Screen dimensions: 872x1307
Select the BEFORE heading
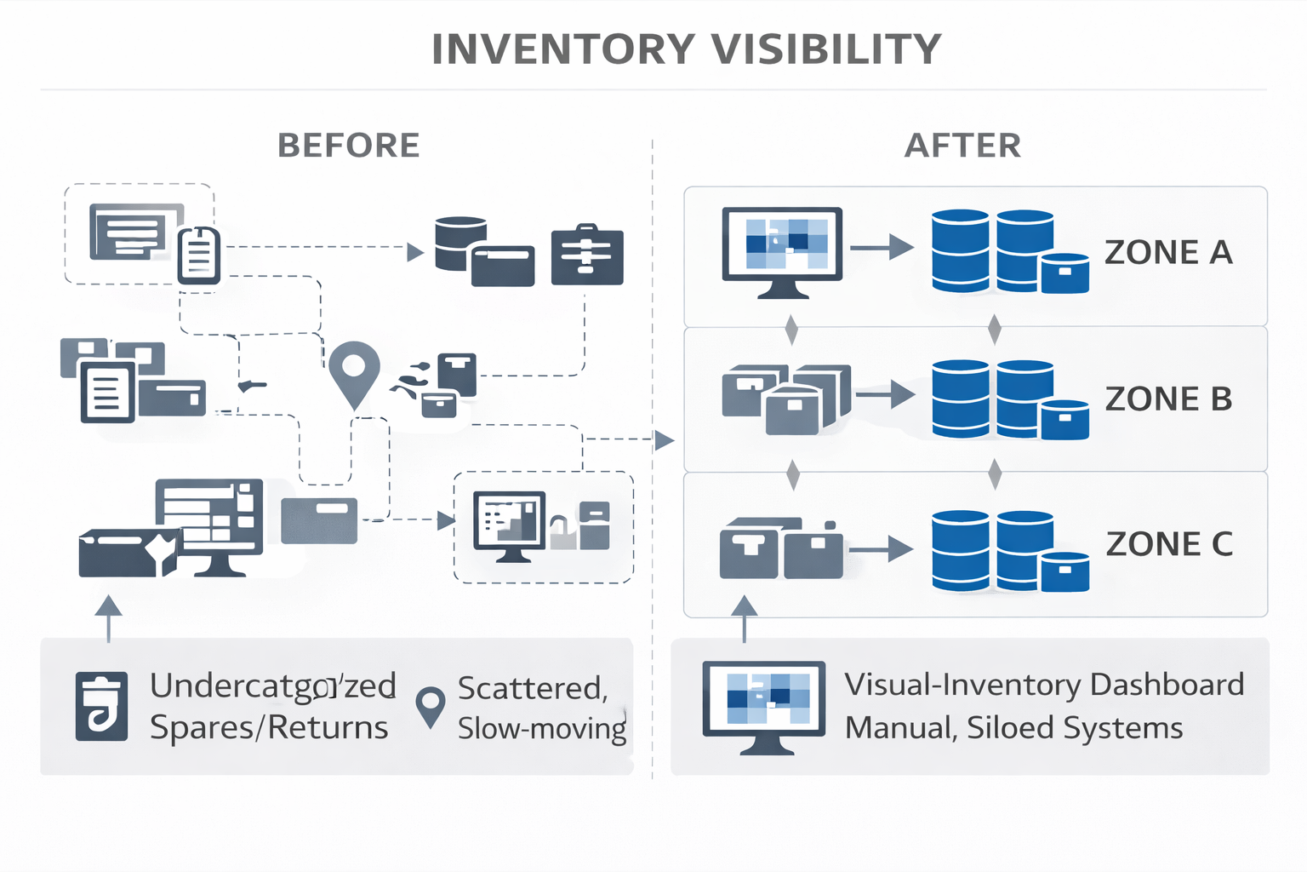click(349, 146)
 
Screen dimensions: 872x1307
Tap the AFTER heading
click(962, 146)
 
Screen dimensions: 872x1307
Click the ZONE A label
click(1168, 253)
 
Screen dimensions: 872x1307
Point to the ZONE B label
click(1168, 399)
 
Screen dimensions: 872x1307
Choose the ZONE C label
click(1169, 544)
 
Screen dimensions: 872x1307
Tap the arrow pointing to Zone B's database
click(886, 394)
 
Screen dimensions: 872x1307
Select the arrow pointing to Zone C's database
click(882, 549)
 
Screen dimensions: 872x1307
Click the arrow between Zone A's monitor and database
click(882, 248)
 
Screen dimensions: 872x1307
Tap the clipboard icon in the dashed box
click(199, 254)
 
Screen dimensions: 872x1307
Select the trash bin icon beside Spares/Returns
click(102, 706)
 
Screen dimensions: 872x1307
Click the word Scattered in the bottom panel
click(532, 688)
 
